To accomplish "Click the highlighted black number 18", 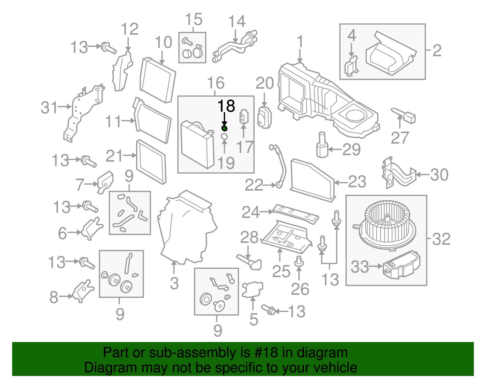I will point(226,106).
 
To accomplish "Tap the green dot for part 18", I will point(224,128).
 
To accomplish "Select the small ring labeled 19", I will point(224,137).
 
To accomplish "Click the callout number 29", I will point(351,149).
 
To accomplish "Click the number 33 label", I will point(360,267).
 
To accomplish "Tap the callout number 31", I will point(49,107).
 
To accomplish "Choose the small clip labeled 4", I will point(351,66).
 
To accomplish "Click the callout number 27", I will point(400,138).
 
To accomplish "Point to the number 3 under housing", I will point(174,283).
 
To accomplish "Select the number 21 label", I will point(114,156).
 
